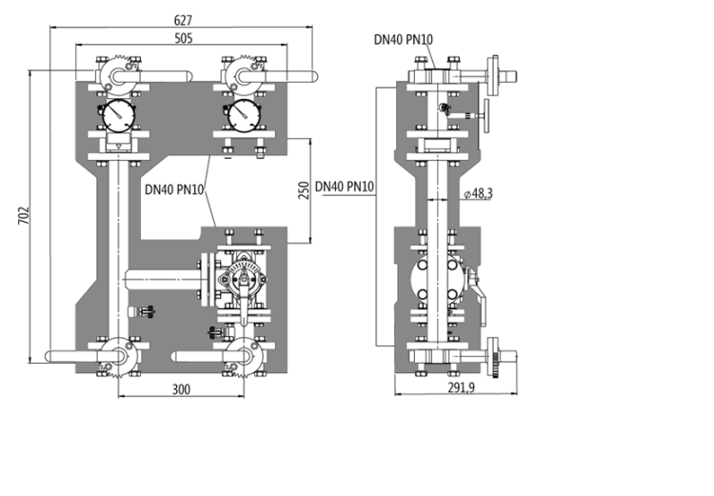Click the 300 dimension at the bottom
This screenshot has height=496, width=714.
pyautogui.click(x=182, y=389)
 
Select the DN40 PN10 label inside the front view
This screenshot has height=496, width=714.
pyautogui.click(x=175, y=188)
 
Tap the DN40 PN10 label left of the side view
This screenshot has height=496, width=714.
pyautogui.click(x=345, y=187)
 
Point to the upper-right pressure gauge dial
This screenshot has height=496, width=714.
pyautogui.click(x=244, y=115)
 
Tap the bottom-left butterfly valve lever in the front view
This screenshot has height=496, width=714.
pyautogui.click(x=76, y=357)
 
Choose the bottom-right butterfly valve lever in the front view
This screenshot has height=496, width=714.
pyautogui.click(x=205, y=357)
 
